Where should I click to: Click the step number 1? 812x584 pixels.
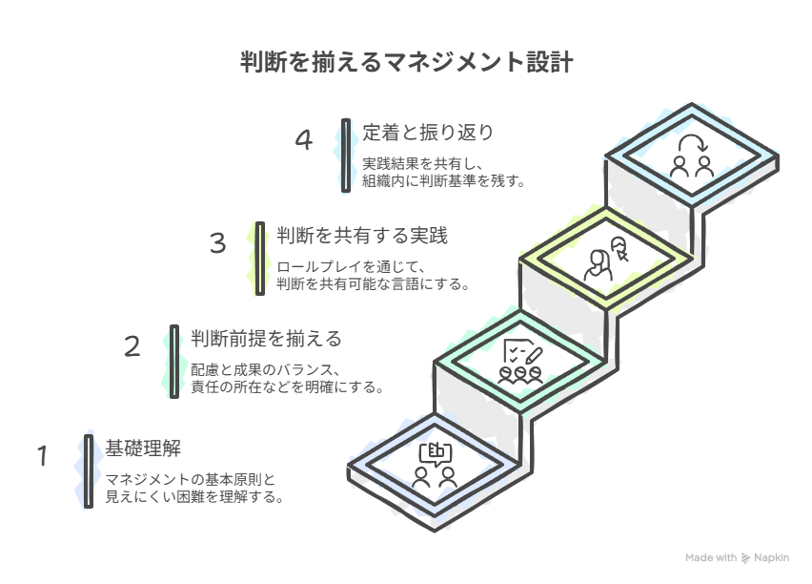tap(43, 456)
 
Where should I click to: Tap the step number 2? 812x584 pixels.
tap(132, 345)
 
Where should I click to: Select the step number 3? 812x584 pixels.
tap(217, 243)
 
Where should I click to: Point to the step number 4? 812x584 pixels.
tap(303, 140)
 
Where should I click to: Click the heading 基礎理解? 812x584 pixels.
tap(143, 448)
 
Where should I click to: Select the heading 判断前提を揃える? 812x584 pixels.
tap(266, 338)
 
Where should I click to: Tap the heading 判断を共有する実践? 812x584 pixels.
tap(362, 235)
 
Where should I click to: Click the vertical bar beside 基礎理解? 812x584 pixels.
tap(88, 470)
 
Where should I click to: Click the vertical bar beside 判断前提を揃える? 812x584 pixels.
tap(174, 361)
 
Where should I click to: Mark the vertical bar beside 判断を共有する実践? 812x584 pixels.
tap(259, 259)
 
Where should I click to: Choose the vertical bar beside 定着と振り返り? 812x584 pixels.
tap(345, 155)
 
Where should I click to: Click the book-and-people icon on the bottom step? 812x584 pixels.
tap(436, 465)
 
